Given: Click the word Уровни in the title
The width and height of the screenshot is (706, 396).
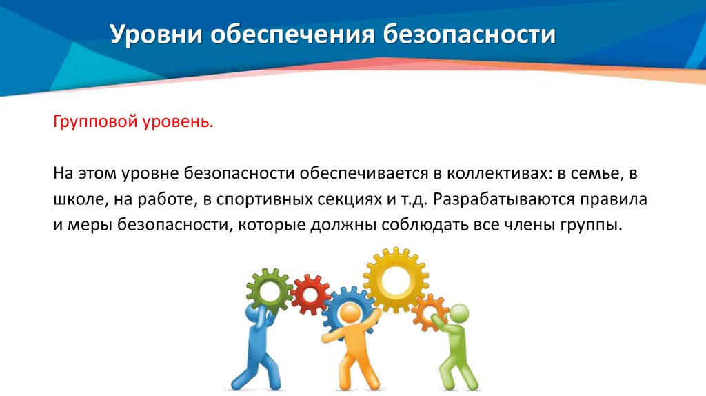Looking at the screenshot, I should point(152,35).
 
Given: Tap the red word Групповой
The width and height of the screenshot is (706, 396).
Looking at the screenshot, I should point(93,122).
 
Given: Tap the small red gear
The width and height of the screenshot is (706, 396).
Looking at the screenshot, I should point(310,294).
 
